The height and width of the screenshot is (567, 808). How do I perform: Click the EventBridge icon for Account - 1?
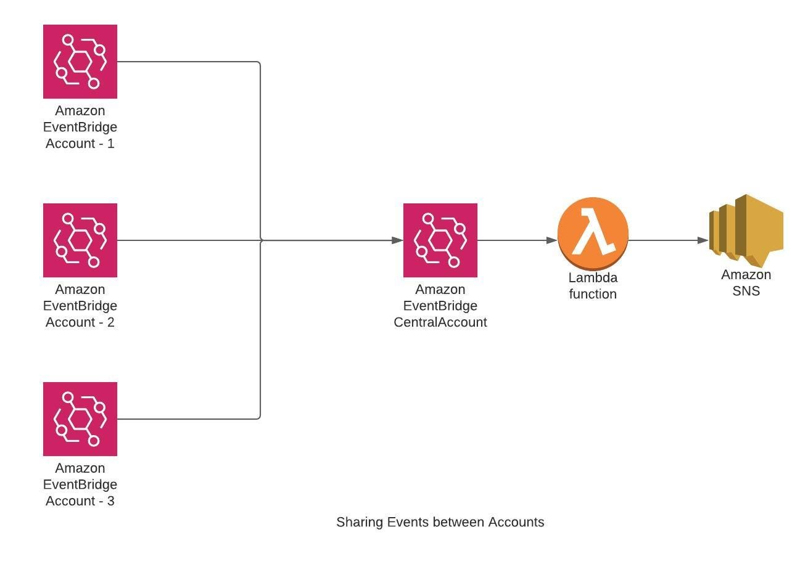80,62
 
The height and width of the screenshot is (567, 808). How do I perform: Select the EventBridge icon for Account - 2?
80,240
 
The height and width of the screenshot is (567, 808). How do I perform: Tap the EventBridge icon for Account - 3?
80,419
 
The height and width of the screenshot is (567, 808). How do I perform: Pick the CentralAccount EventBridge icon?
440,240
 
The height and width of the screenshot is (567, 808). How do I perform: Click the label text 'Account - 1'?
80,144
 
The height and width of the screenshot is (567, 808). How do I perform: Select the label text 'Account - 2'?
80,322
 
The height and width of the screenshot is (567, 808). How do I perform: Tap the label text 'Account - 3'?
80,501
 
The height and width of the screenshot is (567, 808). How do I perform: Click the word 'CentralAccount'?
440,322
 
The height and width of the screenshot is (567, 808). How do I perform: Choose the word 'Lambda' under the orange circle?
593,277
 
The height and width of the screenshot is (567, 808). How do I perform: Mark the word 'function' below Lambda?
593,294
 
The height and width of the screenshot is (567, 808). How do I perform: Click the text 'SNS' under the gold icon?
746,291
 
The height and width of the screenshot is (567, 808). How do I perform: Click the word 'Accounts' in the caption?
516,523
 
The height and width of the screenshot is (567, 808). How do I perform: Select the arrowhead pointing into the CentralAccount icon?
398,240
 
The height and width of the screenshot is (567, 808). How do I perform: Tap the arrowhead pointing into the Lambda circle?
552,240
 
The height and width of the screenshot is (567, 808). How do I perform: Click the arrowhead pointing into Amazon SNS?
703,240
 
